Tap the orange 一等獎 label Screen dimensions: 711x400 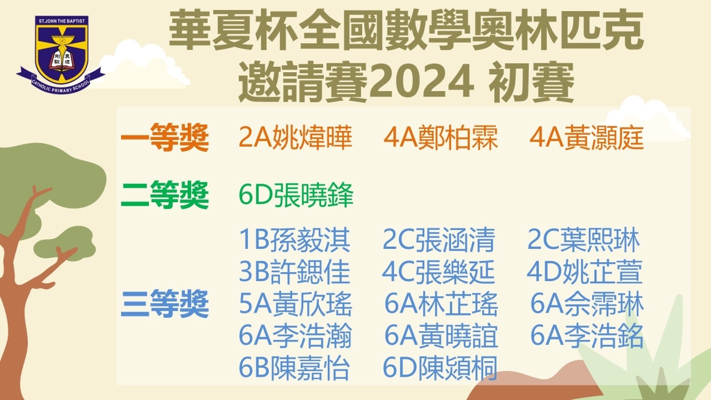[165, 137]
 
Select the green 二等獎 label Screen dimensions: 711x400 [165, 194]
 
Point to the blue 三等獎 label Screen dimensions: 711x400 [165, 303]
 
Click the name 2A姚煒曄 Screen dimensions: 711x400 [296, 137]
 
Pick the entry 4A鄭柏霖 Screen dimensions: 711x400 [440, 137]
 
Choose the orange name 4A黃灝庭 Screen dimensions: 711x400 [587, 137]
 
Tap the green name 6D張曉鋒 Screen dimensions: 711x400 [296, 194]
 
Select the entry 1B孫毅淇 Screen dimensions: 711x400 [294, 239]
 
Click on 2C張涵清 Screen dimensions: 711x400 [439, 239]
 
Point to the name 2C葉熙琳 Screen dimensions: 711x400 [583, 239]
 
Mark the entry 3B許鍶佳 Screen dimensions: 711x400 [294, 272]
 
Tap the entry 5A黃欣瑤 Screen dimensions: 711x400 [296, 304]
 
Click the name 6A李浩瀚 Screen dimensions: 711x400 [296, 336]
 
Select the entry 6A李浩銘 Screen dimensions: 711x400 [587, 336]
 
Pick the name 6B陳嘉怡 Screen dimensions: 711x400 [294, 368]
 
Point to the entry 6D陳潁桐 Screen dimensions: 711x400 [440, 368]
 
